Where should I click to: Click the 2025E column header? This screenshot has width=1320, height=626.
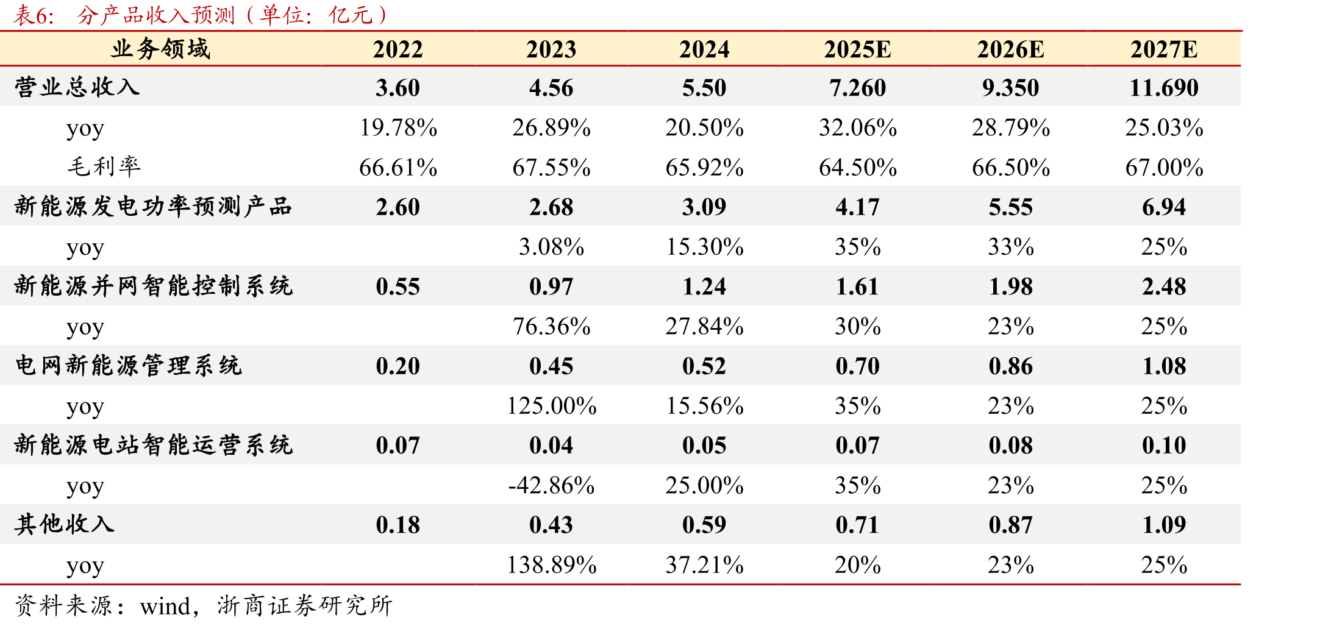coord(857,49)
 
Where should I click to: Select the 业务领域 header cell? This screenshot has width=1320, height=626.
coord(160,49)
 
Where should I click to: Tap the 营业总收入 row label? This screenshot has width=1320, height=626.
coord(77,87)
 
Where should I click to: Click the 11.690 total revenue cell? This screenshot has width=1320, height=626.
coord(1164,88)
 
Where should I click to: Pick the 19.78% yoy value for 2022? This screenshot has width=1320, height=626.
coord(398,127)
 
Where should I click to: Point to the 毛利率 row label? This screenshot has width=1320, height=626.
coord(104,166)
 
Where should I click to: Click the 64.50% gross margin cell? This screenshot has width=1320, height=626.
coord(857,168)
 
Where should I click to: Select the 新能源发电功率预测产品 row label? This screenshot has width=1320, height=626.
coord(154,207)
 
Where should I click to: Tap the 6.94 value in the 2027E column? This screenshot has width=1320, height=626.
coord(1164,207)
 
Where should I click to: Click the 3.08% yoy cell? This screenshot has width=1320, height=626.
coord(551,247)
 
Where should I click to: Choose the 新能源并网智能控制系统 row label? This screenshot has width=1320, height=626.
coord(154,286)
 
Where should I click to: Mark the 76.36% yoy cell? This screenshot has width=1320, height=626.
coord(551,326)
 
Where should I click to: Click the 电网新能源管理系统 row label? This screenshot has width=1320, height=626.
coord(129,366)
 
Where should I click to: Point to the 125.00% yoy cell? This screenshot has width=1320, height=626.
coord(551,406)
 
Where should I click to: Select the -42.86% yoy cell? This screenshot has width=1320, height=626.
coord(551,485)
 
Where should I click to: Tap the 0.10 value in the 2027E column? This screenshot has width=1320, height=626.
coord(1164,446)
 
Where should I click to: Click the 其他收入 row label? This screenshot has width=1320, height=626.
coord(65,524)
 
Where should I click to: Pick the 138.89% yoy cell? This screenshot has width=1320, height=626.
coord(551,565)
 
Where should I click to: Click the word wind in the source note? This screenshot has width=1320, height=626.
coord(165,606)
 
